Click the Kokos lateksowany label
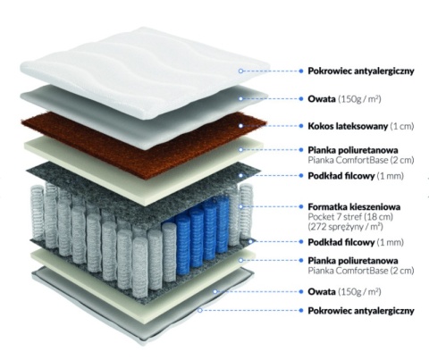point(348,126)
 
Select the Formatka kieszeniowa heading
point(354,206)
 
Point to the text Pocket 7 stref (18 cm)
point(350,216)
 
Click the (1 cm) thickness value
point(402,126)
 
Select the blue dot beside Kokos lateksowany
point(301,126)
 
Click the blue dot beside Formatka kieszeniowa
point(301,206)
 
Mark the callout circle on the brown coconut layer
point(240,126)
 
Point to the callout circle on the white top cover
point(240,71)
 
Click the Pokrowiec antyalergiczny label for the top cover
point(361,71)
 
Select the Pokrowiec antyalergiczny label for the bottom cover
point(361,311)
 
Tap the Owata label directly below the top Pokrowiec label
point(322,98)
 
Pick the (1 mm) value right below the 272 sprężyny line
point(390,242)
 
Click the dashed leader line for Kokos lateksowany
point(271,126)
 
